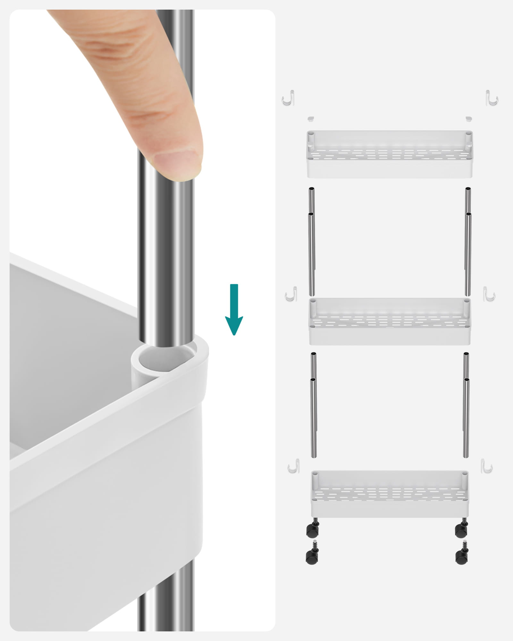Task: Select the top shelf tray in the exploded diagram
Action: pos(390,154)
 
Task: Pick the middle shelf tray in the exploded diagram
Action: pos(390,321)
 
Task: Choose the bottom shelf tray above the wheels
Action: pos(390,494)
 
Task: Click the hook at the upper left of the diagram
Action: pos(289,98)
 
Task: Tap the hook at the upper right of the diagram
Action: pos(492,98)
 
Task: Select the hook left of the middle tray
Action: pos(291,294)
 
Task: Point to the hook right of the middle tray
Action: pos(489,294)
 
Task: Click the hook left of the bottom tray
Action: pos(294,466)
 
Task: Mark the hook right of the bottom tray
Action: pos(486,466)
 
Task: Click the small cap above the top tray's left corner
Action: pos(310,119)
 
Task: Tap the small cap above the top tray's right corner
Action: pos(469,119)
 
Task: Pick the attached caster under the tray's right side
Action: pos(462,530)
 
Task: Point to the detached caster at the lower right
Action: pos(462,557)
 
